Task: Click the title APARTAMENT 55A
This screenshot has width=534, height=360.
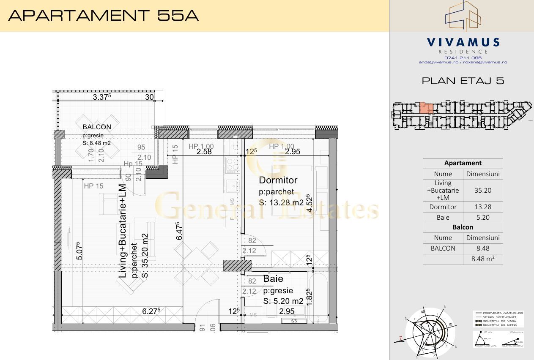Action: coord(104,15)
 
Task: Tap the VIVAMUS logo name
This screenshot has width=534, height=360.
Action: coord(463,43)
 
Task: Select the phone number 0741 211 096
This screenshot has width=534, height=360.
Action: coord(463,57)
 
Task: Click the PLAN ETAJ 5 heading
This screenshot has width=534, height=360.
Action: coord(463,81)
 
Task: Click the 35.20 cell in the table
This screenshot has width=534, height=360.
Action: coord(483,191)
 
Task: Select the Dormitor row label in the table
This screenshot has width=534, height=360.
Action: coord(443,207)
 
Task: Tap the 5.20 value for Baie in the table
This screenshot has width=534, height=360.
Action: coord(483,218)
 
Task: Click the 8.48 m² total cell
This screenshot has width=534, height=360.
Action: coord(483,259)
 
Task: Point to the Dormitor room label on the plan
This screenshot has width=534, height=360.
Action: coord(278,180)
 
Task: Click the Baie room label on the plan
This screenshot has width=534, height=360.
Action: coord(273,279)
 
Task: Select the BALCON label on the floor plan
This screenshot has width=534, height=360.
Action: coord(97,127)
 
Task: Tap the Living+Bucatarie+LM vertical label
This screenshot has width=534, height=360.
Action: coord(123,231)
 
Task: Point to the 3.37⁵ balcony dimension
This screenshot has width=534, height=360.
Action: coord(102,97)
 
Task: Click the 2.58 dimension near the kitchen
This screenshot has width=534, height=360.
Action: coord(204,151)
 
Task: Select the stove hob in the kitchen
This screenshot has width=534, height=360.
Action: coord(232,165)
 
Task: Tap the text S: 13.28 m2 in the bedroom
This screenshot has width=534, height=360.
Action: coord(281,203)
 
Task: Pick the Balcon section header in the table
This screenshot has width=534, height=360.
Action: coord(463,227)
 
